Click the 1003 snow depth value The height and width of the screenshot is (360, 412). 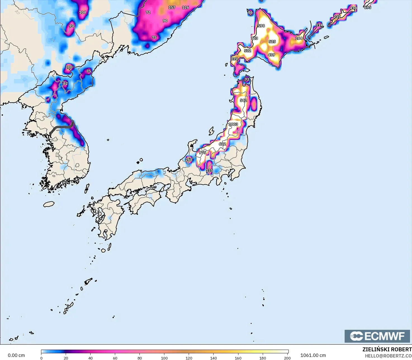point(233,124)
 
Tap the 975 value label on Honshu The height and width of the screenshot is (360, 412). point(202,153)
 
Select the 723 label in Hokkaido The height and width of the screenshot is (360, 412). point(254,38)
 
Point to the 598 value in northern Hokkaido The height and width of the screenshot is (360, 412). point(261,26)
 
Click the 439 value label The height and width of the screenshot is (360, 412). point(271,55)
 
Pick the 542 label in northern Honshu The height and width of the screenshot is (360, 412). point(243,100)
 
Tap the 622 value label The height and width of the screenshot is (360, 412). point(222,144)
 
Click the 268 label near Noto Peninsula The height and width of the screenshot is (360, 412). point(189,160)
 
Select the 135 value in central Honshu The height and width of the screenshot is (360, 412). point(209,171)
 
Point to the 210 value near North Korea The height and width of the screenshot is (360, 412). point(69,67)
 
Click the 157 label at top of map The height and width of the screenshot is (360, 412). point(172,8)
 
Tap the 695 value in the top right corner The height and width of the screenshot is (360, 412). point(368,8)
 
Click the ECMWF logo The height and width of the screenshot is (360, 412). point(377,336)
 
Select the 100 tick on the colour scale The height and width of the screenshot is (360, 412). point(164,358)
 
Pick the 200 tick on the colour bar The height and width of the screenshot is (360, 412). point(287,358)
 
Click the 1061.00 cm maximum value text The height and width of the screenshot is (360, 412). point(313,355)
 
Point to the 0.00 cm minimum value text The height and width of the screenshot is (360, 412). point(16,355)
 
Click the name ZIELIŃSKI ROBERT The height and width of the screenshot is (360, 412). point(387,349)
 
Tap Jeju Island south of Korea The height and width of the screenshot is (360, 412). point(49,204)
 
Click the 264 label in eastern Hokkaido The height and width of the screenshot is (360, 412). point(299,38)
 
